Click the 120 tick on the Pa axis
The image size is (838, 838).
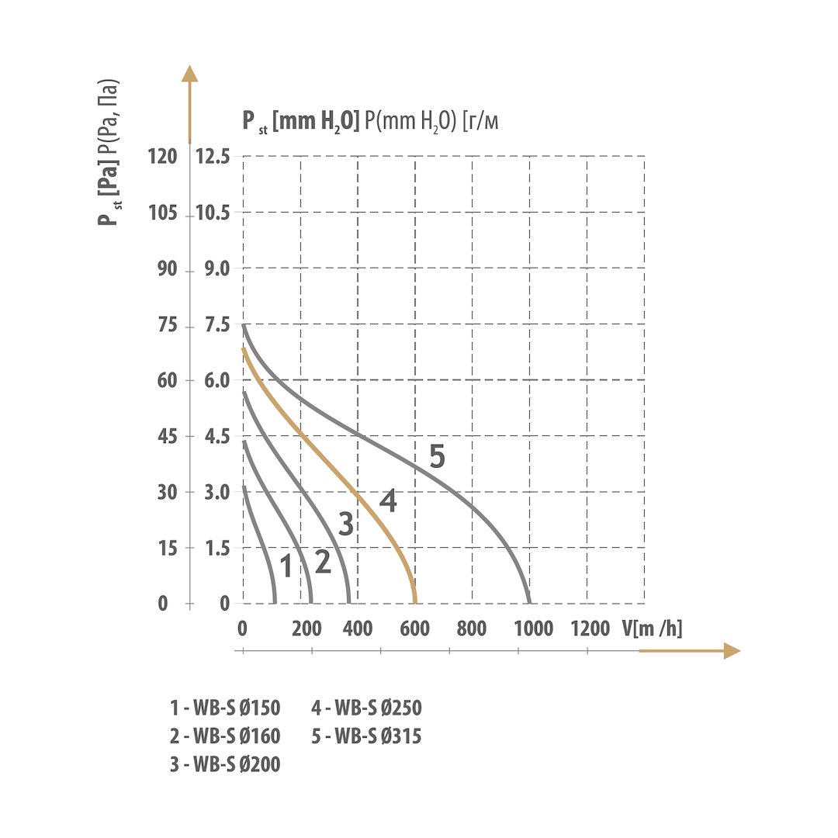coord(162,157)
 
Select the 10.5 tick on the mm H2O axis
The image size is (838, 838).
coord(213,213)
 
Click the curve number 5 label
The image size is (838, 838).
coord(437,457)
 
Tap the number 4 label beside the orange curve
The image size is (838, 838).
coord(388,501)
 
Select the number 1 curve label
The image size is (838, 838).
coord(286,567)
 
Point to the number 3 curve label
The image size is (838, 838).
coord(346,525)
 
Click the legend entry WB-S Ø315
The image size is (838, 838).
coord(366,736)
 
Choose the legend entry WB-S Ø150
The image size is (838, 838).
coord(225,708)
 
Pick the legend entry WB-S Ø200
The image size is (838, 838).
coord(225,764)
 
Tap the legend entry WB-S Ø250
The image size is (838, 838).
coord(366,708)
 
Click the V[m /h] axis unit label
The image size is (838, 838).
coord(652,628)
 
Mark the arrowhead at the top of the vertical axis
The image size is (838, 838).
coord(189,73)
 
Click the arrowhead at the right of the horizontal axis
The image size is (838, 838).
coord(732,651)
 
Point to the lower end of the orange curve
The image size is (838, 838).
coord(415,602)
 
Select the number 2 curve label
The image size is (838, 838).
coord(323,562)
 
